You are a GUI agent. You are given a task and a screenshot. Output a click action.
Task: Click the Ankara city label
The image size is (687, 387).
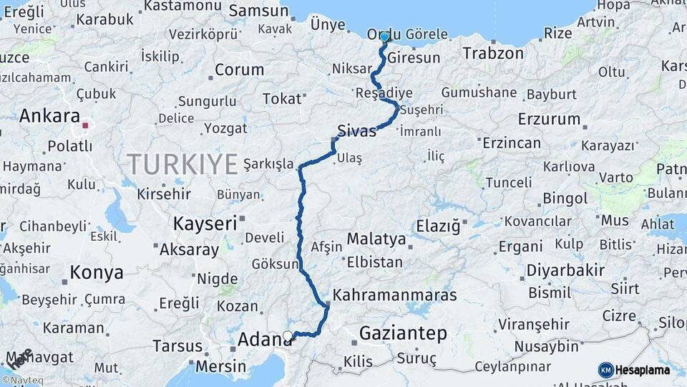point(49,115)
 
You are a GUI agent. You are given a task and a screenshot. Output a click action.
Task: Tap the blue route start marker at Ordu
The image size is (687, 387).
point(385,37)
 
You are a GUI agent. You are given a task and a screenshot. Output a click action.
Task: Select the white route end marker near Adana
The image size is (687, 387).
point(288,335)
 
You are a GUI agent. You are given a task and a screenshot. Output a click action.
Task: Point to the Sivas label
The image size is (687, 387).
point(356,131)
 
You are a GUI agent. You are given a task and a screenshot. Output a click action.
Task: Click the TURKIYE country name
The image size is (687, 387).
point(182,164)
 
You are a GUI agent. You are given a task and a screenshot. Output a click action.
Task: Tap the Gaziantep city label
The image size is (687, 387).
point(403,333)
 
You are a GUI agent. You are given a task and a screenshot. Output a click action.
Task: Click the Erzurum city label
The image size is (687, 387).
point(549,118)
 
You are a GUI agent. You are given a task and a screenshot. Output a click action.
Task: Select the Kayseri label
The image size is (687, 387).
point(205,224)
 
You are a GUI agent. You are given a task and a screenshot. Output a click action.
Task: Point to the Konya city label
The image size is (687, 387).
point(97,272)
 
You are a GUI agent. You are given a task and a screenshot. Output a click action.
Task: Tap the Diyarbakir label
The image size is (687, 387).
point(565,270)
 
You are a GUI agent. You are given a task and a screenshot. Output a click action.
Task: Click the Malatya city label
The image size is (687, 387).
point(376,239)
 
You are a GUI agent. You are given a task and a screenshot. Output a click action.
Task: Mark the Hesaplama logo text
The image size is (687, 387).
point(642,370)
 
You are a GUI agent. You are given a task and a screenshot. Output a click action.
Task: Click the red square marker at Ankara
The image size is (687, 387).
point(85,125)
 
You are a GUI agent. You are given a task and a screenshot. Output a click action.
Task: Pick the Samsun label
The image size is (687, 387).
point(258,11)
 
